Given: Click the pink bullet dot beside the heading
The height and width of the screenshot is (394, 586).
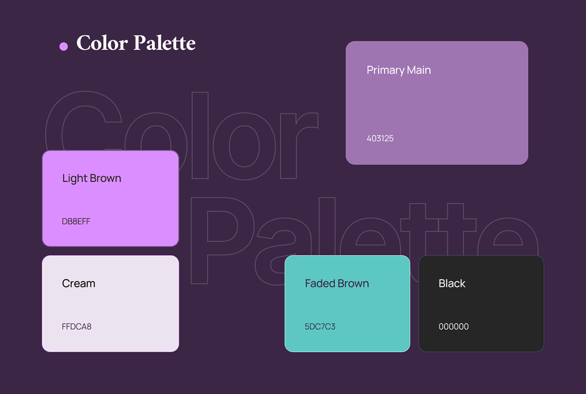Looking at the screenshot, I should pyautogui.click(x=63, y=46).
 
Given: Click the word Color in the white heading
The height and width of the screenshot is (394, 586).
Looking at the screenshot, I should pyautogui.click(x=102, y=43).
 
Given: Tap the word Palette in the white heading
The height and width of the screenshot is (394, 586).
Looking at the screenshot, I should pyautogui.click(x=164, y=43).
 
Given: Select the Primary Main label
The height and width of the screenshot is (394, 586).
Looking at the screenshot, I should pyautogui.click(x=398, y=70).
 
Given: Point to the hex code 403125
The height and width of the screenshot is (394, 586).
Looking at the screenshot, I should pyautogui.click(x=380, y=139).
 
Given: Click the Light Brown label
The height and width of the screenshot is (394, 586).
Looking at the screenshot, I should pyautogui.click(x=92, y=178).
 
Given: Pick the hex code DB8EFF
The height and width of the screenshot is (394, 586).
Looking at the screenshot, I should pyautogui.click(x=76, y=221).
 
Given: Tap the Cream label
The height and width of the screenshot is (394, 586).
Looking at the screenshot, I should pyautogui.click(x=78, y=283).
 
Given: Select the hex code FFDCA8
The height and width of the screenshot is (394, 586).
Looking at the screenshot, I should pyautogui.click(x=77, y=326).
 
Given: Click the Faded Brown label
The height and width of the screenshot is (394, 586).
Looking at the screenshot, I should pyautogui.click(x=336, y=283).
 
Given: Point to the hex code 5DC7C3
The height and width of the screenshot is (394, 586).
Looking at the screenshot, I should pyautogui.click(x=320, y=326).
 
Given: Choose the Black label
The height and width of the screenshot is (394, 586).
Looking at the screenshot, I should pyautogui.click(x=452, y=283).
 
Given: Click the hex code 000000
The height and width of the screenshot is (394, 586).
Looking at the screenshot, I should pyautogui.click(x=454, y=326).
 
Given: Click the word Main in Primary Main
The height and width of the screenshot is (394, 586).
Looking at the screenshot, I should pyautogui.click(x=419, y=70).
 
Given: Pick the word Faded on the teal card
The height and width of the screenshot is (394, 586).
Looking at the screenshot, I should pyautogui.click(x=319, y=283).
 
